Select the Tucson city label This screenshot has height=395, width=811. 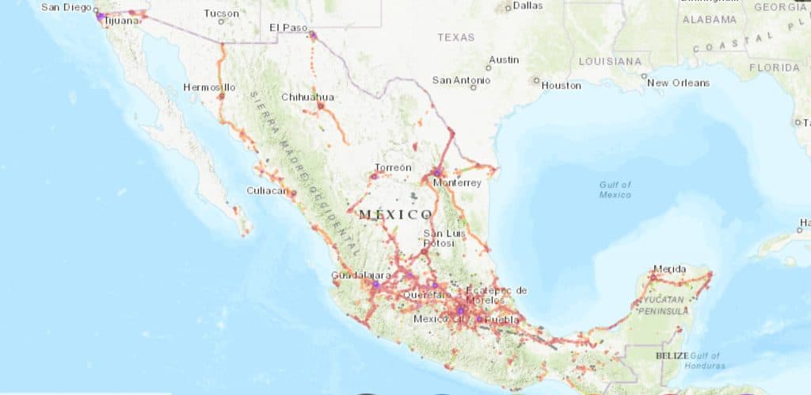[x=220, y=13]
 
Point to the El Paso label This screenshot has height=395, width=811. [x=287, y=27]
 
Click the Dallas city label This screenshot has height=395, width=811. [x=527, y=6]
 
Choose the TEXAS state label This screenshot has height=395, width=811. [x=455, y=36]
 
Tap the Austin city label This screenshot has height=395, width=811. [x=504, y=59]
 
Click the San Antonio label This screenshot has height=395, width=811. [x=460, y=80]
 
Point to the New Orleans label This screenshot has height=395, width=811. [x=678, y=82]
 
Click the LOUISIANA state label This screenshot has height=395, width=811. [x=610, y=61]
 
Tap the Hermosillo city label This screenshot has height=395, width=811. [x=209, y=86]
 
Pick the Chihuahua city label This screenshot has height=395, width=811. [x=308, y=97]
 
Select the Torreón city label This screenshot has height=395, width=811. [x=393, y=167]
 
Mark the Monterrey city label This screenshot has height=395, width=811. [x=457, y=182]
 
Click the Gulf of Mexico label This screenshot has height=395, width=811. [x=615, y=190]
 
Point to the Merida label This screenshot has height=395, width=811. [x=670, y=269]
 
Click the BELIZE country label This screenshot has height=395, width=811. [x=672, y=356]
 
